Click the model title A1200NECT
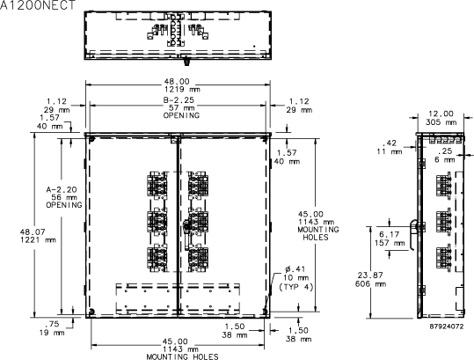[37, 4]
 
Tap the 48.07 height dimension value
[33, 232]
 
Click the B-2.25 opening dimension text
[179, 100]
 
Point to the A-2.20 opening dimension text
[62, 189]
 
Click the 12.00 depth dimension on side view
[441, 114]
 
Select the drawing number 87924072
[447, 327]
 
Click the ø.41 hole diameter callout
[295, 268]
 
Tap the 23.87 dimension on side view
[370, 276]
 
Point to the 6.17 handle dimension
[390, 234]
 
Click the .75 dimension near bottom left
[52, 324]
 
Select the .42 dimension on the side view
[390, 143]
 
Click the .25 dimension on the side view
[444, 151]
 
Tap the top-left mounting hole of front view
[91, 139]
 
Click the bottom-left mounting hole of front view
[91, 312]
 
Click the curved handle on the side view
[412, 234]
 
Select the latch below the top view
[186, 62]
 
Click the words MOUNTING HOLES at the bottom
[182, 356]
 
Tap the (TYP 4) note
[296, 287]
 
